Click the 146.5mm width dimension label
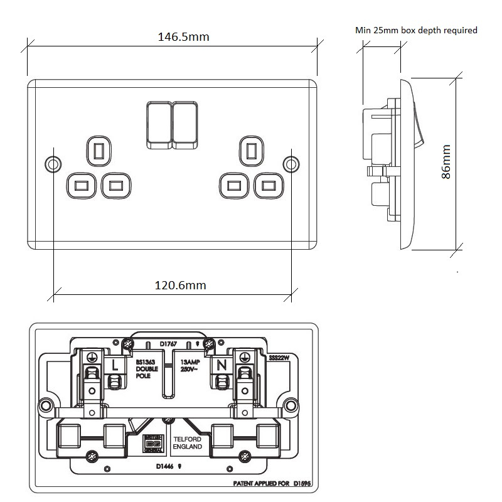point(183,37)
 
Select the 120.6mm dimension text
point(180,286)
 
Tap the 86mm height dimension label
point(446,163)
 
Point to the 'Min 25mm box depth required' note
point(416,30)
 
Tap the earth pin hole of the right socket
point(252,149)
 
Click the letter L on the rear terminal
point(115,365)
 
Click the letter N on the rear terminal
point(222,365)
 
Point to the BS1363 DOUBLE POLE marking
point(146,369)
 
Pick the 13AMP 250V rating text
point(191,366)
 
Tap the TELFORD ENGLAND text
point(188,443)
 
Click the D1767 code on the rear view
point(169,344)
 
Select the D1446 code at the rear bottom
point(166,466)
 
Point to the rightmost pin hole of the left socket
point(115,186)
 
